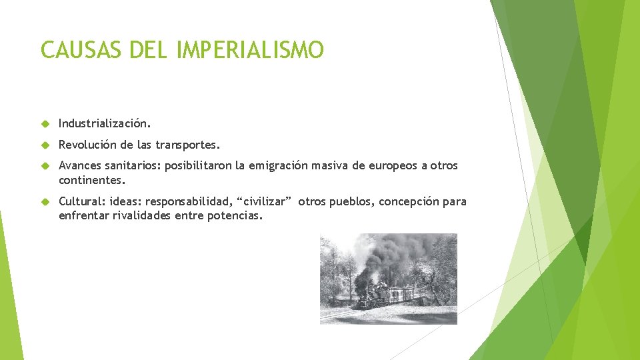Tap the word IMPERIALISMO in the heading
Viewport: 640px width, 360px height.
tap(250, 50)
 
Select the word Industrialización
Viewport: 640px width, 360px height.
tap(105, 123)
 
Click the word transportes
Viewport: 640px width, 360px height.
tap(187, 145)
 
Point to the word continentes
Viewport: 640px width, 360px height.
tap(91, 180)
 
